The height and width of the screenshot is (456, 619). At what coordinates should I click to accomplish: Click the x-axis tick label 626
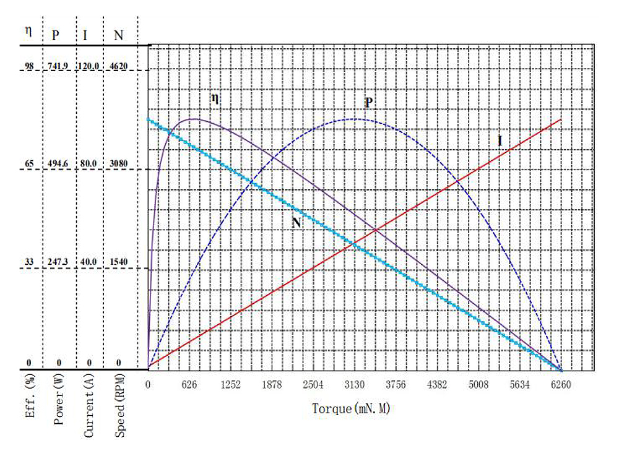point(189,384)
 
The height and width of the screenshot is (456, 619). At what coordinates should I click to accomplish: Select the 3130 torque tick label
point(354,384)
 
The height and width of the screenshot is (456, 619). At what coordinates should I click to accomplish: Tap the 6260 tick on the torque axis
point(561,384)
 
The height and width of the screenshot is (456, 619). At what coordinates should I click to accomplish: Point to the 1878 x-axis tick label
point(272,384)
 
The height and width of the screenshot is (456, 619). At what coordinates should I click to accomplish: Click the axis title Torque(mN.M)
point(352,409)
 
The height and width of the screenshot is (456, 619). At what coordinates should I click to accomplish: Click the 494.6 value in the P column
point(58,163)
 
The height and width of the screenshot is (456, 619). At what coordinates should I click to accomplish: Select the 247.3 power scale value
point(58,262)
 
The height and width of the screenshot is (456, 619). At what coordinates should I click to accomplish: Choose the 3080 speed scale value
point(118,163)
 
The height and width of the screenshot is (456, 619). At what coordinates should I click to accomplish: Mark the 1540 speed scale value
point(118,262)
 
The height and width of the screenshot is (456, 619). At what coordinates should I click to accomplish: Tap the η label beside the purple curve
point(215,98)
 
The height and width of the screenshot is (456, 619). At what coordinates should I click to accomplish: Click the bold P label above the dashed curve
point(368,102)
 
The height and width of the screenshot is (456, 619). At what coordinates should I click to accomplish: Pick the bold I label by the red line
point(500,141)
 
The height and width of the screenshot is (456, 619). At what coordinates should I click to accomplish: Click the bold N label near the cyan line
point(297,223)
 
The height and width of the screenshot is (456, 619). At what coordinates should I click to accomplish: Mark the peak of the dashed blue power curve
point(353,119)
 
